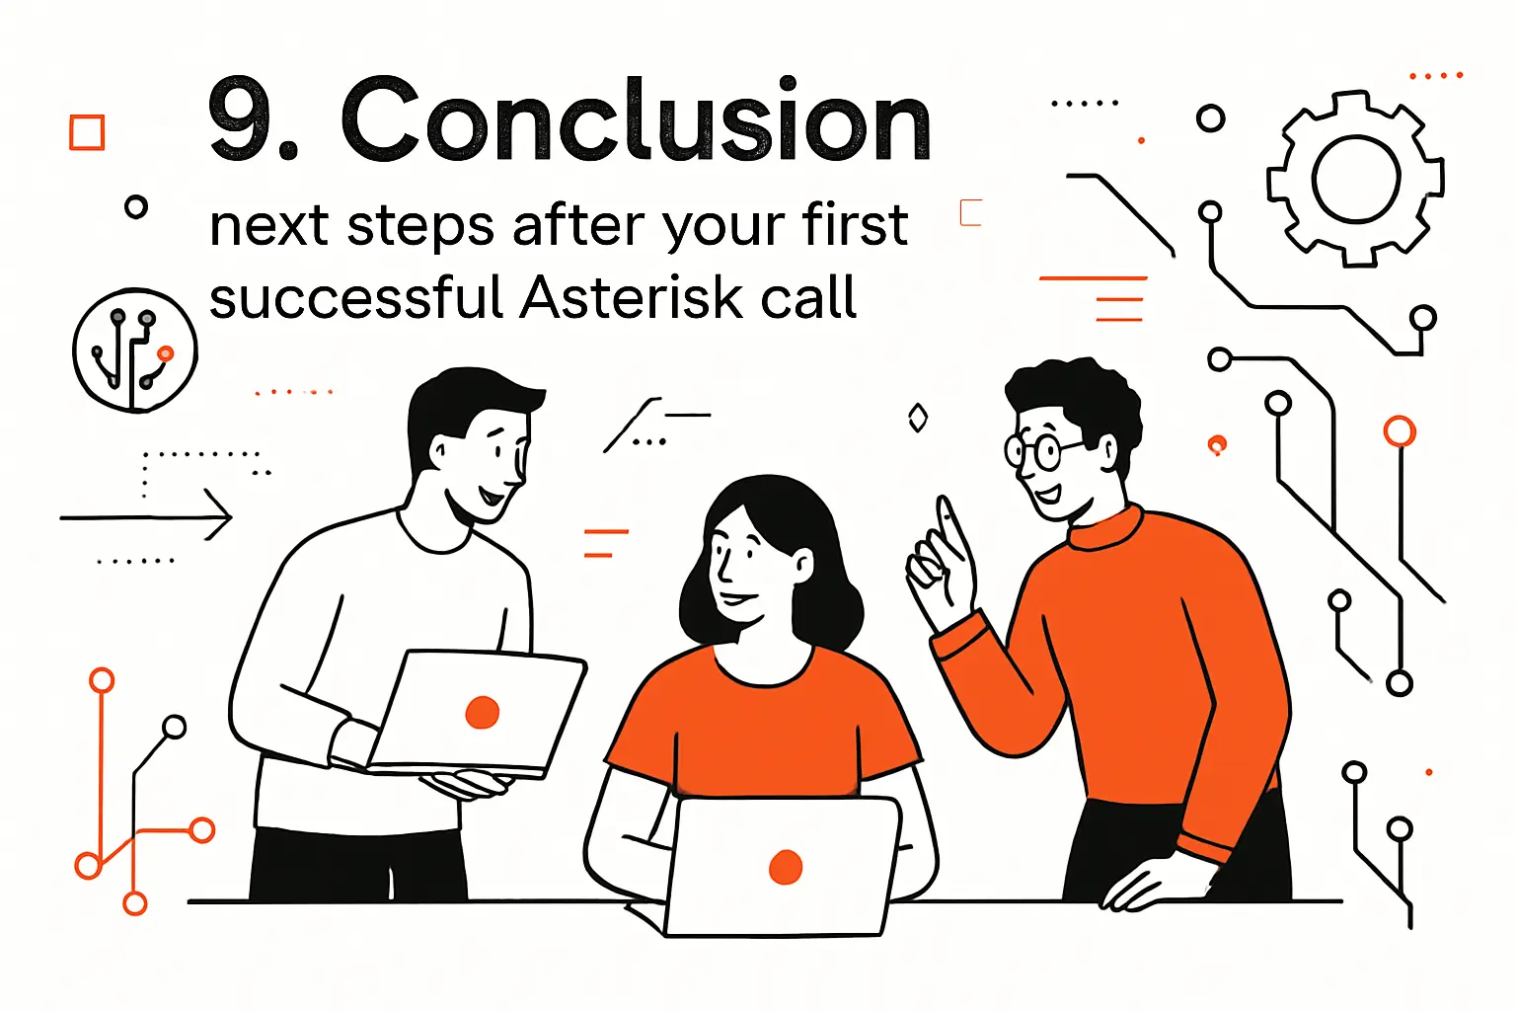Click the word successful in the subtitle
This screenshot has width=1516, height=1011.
(356, 297)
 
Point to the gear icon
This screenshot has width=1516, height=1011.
(1356, 179)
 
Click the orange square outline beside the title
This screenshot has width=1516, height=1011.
(87, 132)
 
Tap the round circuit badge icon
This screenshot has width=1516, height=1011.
(134, 350)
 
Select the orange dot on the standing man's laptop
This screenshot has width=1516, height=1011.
(482, 712)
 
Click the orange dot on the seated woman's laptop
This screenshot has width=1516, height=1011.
(786, 867)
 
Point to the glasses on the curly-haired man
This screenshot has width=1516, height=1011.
(1032, 451)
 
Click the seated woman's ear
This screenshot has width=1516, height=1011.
(804, 566)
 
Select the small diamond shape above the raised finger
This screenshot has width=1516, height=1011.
(918, 418)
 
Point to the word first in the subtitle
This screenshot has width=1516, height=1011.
(855, 225)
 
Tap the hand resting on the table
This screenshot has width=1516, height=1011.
(1145, 884)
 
